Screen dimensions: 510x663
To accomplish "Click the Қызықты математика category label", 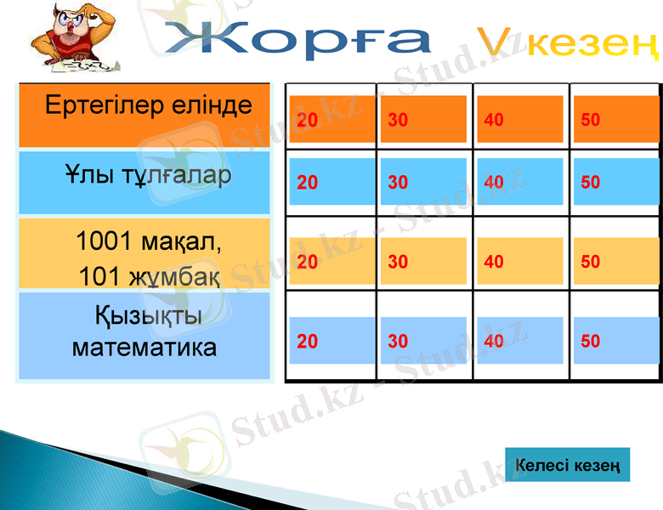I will click(144, 333).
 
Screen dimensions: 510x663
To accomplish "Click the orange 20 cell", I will click(331, 119).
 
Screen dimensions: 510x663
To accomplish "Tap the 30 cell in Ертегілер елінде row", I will click(423, 119).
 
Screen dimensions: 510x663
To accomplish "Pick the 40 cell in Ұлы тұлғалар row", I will click(519, 182).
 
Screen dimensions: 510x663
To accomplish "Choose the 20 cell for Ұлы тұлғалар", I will click(331, 182).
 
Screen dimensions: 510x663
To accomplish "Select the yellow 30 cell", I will click(423, 261).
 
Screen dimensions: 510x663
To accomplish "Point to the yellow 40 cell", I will click(519, 261).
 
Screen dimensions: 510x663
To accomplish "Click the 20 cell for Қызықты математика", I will click(331, 340).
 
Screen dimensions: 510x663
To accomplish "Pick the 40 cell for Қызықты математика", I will click(519, 340).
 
